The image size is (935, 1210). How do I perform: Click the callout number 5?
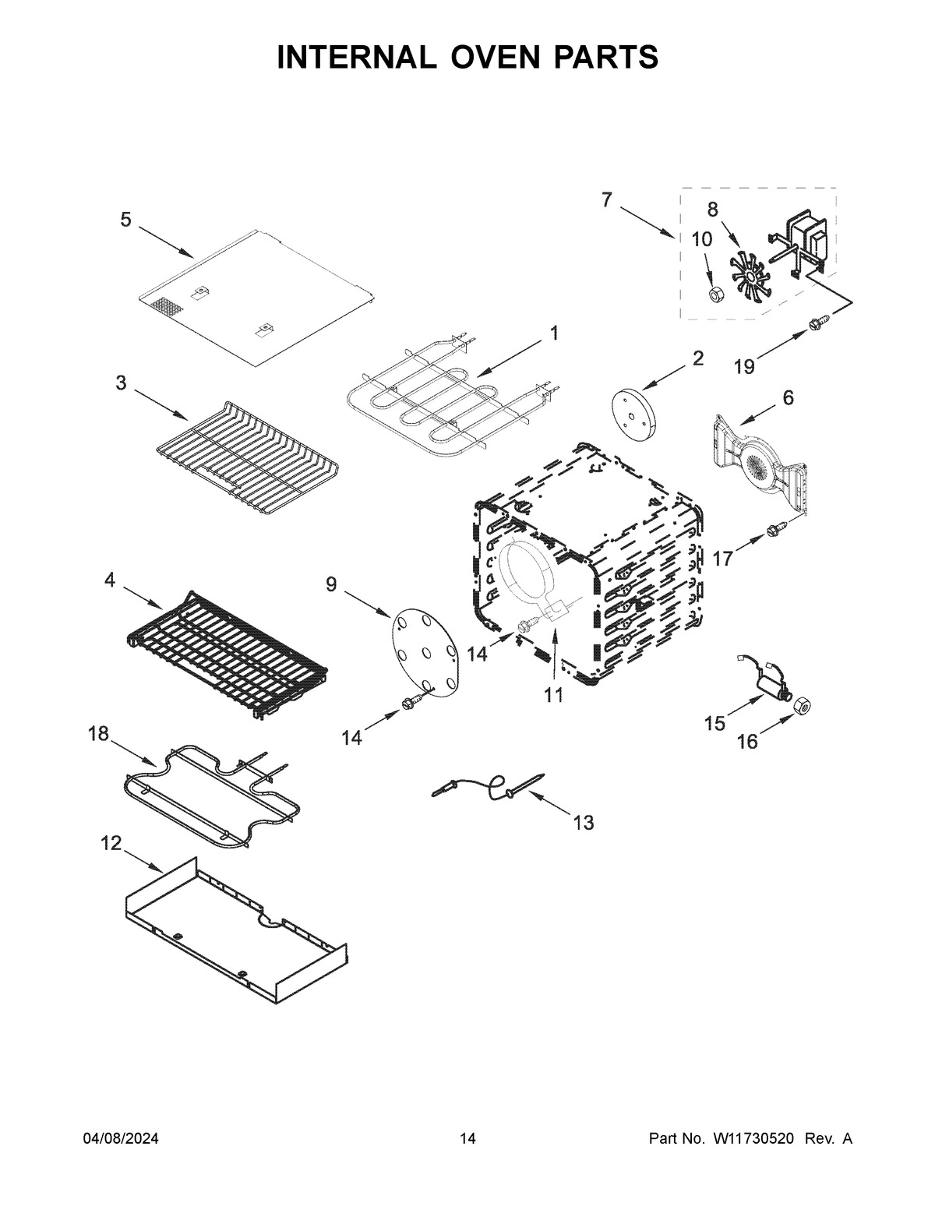coord(125,220)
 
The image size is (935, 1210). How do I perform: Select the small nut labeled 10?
coord(715,293)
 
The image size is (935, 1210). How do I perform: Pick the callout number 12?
coord(111,842)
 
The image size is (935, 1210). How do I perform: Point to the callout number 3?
coord(121,383)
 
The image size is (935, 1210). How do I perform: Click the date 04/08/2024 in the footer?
coord(121,1138)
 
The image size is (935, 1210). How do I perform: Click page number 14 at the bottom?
coord(467,1138)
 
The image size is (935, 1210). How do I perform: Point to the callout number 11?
coord(553,695)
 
